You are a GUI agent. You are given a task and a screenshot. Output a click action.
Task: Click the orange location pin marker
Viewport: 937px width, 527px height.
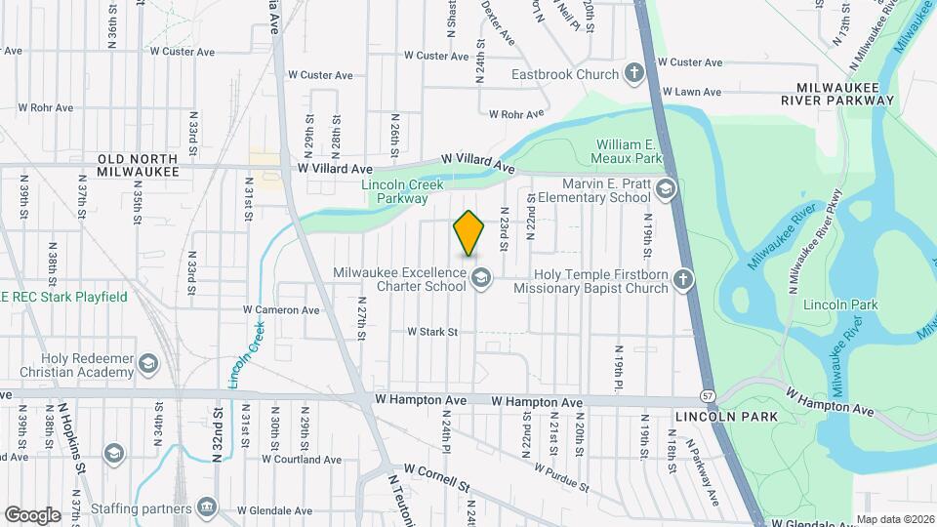coord(469,233)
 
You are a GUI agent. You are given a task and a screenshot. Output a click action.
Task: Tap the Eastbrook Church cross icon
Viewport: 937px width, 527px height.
coord(634,73)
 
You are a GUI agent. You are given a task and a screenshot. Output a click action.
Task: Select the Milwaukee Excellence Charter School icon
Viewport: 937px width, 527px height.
coord(480,280)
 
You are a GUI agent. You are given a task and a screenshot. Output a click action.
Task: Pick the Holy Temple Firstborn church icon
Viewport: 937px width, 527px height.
coord(684,281)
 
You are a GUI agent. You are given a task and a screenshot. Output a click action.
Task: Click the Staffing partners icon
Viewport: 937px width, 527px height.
coord(207,507)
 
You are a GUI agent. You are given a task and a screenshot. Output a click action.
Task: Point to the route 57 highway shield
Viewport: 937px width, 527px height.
coord(705,395)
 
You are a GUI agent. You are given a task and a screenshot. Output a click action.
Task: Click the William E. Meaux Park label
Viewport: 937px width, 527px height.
coord(631,151)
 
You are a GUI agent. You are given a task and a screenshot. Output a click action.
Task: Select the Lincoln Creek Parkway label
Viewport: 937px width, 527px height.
coord(402,191)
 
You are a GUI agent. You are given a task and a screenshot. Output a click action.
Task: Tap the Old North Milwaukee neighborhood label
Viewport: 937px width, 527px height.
coord(138,164)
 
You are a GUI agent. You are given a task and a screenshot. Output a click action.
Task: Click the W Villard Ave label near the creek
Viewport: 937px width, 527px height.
coord(477,162)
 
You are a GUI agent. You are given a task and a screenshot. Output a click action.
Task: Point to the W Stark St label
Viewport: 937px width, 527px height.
coord(432,332)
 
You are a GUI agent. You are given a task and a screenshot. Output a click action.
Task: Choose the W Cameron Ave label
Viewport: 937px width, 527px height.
coord(281,310)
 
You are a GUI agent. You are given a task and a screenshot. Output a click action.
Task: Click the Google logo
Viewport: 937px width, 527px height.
coord(32,514)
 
